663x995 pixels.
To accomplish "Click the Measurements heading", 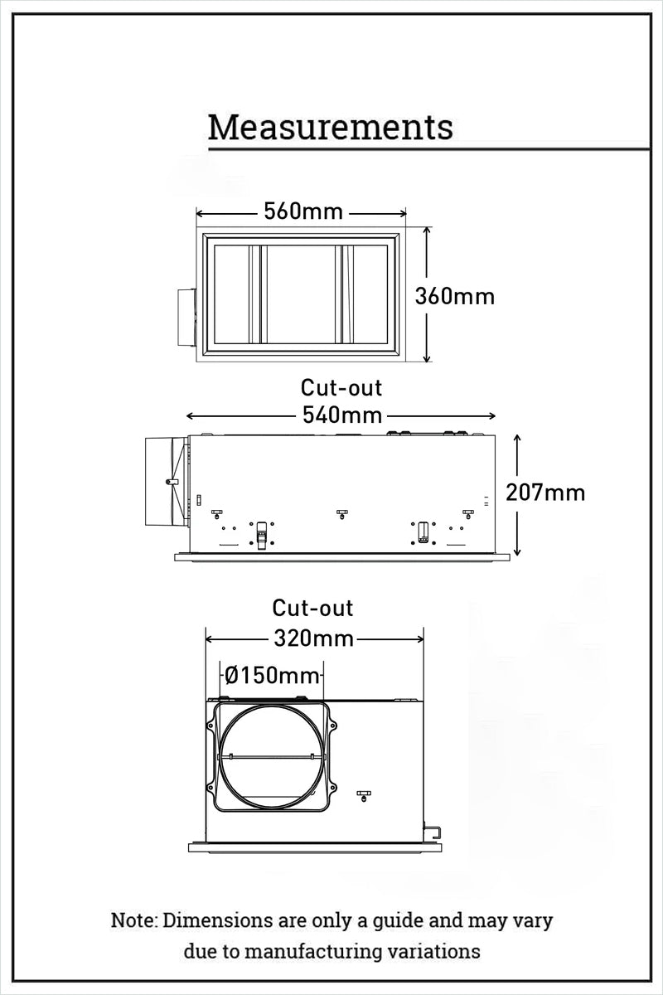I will point(330,128).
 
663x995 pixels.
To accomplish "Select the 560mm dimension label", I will point(303,211).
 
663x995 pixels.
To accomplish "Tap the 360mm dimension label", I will point(454,296).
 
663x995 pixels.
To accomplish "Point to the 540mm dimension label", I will point(341,415).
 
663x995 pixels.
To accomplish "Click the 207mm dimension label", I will point(545,493).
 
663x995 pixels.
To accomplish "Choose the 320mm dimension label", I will point(313,638).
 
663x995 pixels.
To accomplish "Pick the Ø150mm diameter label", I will point(272,675).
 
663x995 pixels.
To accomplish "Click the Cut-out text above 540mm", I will point(341,387).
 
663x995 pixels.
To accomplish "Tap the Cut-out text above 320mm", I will point(313,608).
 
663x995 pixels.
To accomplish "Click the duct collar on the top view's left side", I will point(186,318).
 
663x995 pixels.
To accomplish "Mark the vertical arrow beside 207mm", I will point(518,494).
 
